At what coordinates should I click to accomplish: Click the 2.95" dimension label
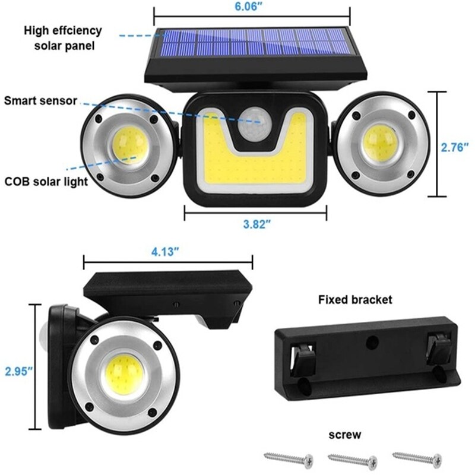coord(18,372)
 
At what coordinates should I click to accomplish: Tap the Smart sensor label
coord(40,100)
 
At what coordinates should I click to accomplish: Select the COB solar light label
coord(45,182)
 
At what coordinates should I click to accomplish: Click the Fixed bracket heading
coord(355,300)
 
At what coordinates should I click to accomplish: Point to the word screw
coord(344,435)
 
